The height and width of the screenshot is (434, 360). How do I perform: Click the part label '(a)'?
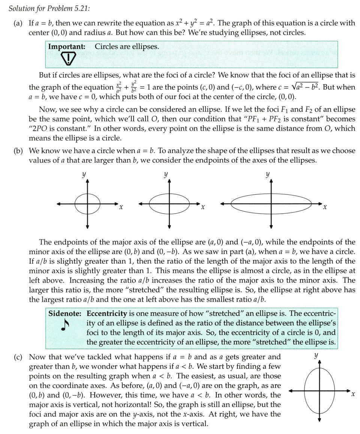[18, 23]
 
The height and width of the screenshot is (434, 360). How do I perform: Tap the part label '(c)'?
[18, 357]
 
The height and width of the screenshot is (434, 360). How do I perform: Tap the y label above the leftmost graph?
[82, 175]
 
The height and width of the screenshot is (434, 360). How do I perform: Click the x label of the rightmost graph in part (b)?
[325, 207]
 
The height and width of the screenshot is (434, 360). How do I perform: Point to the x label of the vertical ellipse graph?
[352, 394]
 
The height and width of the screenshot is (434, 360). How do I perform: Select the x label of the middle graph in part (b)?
[203, 207]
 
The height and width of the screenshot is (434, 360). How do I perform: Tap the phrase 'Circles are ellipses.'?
[127, 47]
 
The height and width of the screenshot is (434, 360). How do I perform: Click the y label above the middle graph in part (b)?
[165, 175]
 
